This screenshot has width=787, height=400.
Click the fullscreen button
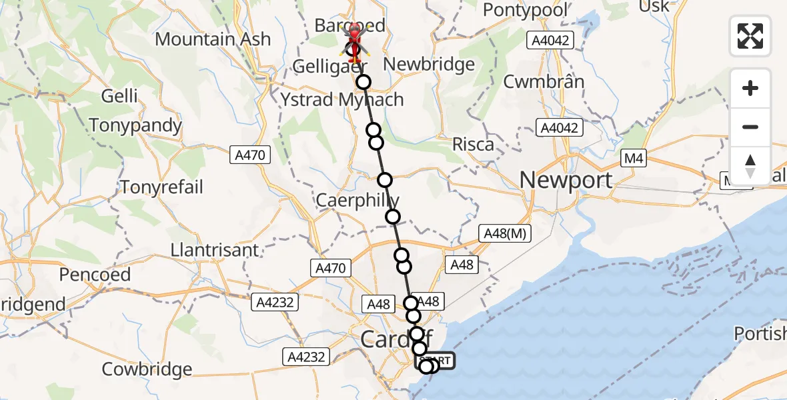coord(750,35)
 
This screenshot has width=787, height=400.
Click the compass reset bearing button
coord(750,166)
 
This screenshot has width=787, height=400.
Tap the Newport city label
coord(566,180)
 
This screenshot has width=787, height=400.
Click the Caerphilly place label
coord(357,200)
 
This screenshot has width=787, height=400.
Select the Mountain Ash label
coord(213,39)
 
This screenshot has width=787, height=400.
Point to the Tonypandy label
coord(135,125)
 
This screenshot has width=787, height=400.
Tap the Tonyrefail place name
coord(161,187)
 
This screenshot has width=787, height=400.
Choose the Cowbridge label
coord(147,369)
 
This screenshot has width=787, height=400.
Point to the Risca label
coord(473,144)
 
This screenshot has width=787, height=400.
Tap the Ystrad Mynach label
coord(342,100)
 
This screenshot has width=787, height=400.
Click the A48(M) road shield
coord(504,233)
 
